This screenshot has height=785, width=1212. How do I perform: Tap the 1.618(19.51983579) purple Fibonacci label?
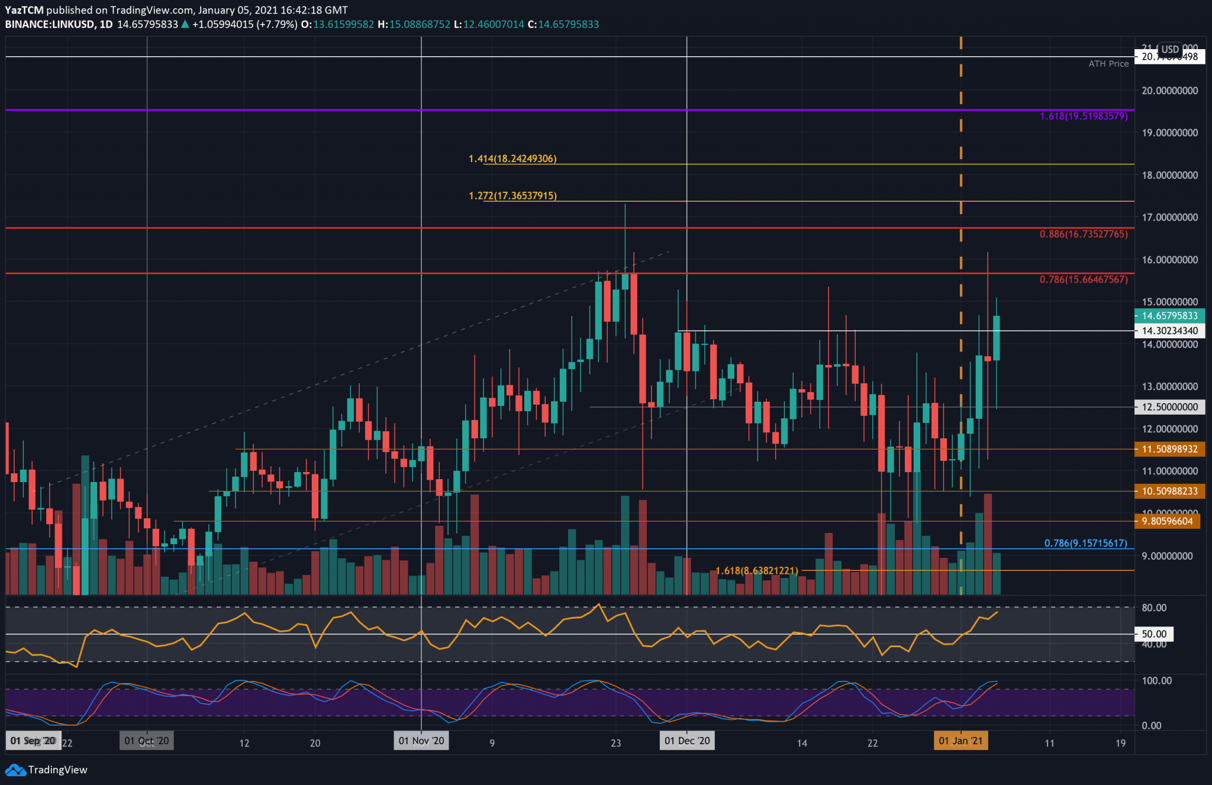(1084, 117)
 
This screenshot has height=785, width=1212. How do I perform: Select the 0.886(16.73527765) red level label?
(1084, 234)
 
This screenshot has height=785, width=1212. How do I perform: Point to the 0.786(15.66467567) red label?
(1084, 279)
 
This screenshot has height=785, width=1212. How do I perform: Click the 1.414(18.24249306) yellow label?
(512, 159)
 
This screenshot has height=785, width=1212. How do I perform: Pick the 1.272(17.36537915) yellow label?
(512, 195)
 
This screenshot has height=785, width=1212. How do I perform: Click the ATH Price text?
(1108, 64)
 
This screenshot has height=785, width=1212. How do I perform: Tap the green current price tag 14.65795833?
(1169, 316)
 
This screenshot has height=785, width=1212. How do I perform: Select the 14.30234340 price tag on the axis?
(1169, 331)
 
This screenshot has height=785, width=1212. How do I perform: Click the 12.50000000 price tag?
(1169, 407)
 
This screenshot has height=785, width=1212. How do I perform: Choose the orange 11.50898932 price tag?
(1169, 449)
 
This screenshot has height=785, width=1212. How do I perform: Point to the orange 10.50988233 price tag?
(1169, 491)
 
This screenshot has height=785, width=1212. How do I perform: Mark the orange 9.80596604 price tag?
(1169, 521)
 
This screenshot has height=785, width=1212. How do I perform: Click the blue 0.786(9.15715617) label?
(1085, 543)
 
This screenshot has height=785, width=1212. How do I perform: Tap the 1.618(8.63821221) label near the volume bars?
(757, 571)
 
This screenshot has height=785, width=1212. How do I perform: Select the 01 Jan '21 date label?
(960, 741)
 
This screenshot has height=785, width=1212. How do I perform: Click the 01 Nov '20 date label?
(421, 741)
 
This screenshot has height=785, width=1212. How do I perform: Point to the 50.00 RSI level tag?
(1154, 634)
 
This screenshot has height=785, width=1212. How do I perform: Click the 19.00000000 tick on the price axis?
(1169, 133)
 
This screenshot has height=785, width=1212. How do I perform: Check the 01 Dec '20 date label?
(687, 741)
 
